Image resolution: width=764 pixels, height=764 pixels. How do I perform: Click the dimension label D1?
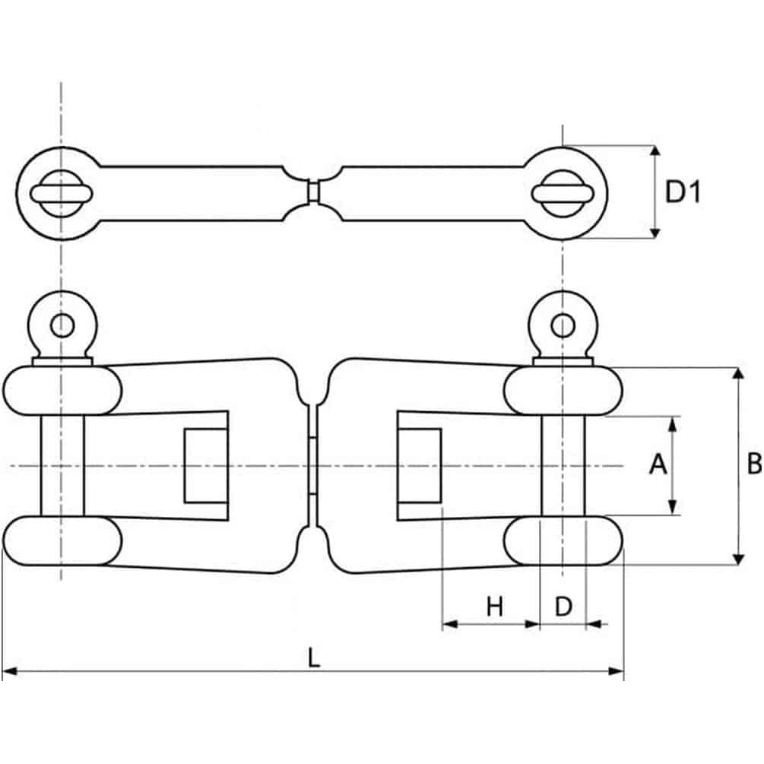click(x=682, y=192)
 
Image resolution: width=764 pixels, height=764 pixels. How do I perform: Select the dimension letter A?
click(x=658, y=464)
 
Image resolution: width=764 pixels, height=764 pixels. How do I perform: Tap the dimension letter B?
click(x=753, y=464)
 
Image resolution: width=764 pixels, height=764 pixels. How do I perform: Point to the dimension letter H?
click(x=495, y=607)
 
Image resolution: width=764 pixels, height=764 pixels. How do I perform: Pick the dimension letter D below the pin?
click(x=563, y=607)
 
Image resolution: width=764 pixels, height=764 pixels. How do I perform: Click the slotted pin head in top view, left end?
click(x=62, y=193)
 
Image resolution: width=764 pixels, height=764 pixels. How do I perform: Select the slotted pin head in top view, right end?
click(x=563, y=193)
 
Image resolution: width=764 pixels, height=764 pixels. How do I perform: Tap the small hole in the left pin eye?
click(x=62, y=325)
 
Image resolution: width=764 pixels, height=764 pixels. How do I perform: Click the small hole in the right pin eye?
click(x=563, y=325)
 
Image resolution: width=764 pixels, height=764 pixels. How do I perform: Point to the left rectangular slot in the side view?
click(x=206, y=464)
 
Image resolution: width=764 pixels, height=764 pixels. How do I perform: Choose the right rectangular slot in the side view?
click(x=419, y=464)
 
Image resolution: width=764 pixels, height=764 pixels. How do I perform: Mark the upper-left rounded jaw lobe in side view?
click(x=62, y=391)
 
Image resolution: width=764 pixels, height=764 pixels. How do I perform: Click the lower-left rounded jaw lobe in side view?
click(x=62, y=541)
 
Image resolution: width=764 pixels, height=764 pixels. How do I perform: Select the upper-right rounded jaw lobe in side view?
click(x=563, y=391)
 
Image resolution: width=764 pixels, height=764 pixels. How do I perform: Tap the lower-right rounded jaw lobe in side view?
click(x=563, y=541)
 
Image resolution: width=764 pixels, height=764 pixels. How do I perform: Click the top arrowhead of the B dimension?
click(x=736, y=374)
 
